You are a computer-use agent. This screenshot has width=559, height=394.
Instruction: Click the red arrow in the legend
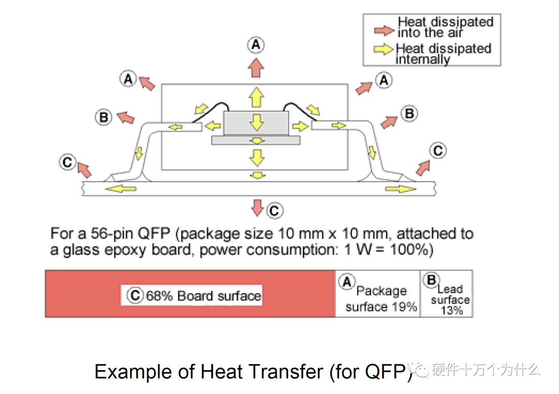384,30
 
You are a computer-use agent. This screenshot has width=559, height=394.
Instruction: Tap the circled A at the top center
255,45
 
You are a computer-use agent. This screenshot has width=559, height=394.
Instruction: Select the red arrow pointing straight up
255,67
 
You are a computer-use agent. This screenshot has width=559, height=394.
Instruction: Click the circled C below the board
274,210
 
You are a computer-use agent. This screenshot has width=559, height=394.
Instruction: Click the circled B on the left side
104,117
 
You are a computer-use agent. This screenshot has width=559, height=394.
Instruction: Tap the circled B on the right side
409,113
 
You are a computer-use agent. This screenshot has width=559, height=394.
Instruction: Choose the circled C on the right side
438,151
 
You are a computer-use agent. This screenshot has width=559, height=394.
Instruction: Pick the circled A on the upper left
128,79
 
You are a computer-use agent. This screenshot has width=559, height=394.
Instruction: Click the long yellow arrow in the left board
118,188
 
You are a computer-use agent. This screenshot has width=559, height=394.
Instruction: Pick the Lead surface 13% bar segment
447,294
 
